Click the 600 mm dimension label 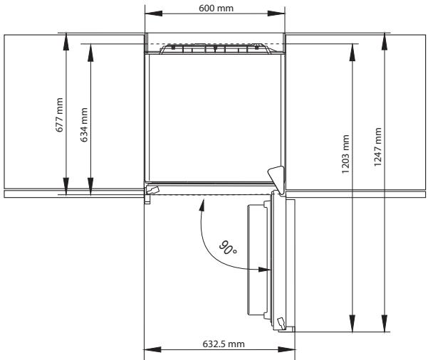216,9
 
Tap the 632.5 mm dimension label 224,344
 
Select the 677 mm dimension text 59,115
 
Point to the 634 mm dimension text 84,125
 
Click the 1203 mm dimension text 345,154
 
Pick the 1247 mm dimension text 377,147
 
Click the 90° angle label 228,248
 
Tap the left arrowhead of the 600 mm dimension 153,14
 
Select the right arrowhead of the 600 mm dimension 276,14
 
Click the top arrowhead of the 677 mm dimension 66,42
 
